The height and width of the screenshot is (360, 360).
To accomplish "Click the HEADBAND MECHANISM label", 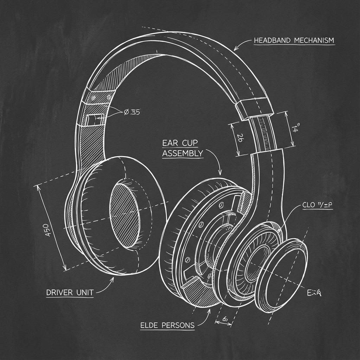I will coord(294,40).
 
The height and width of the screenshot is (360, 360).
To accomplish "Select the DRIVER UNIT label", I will coord(70,292).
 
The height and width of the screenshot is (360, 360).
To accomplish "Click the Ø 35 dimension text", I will coord(132,112).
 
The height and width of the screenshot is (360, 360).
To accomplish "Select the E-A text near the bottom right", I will coord(315,292).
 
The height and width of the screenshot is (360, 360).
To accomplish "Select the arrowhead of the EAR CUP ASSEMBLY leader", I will coord(220,173).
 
